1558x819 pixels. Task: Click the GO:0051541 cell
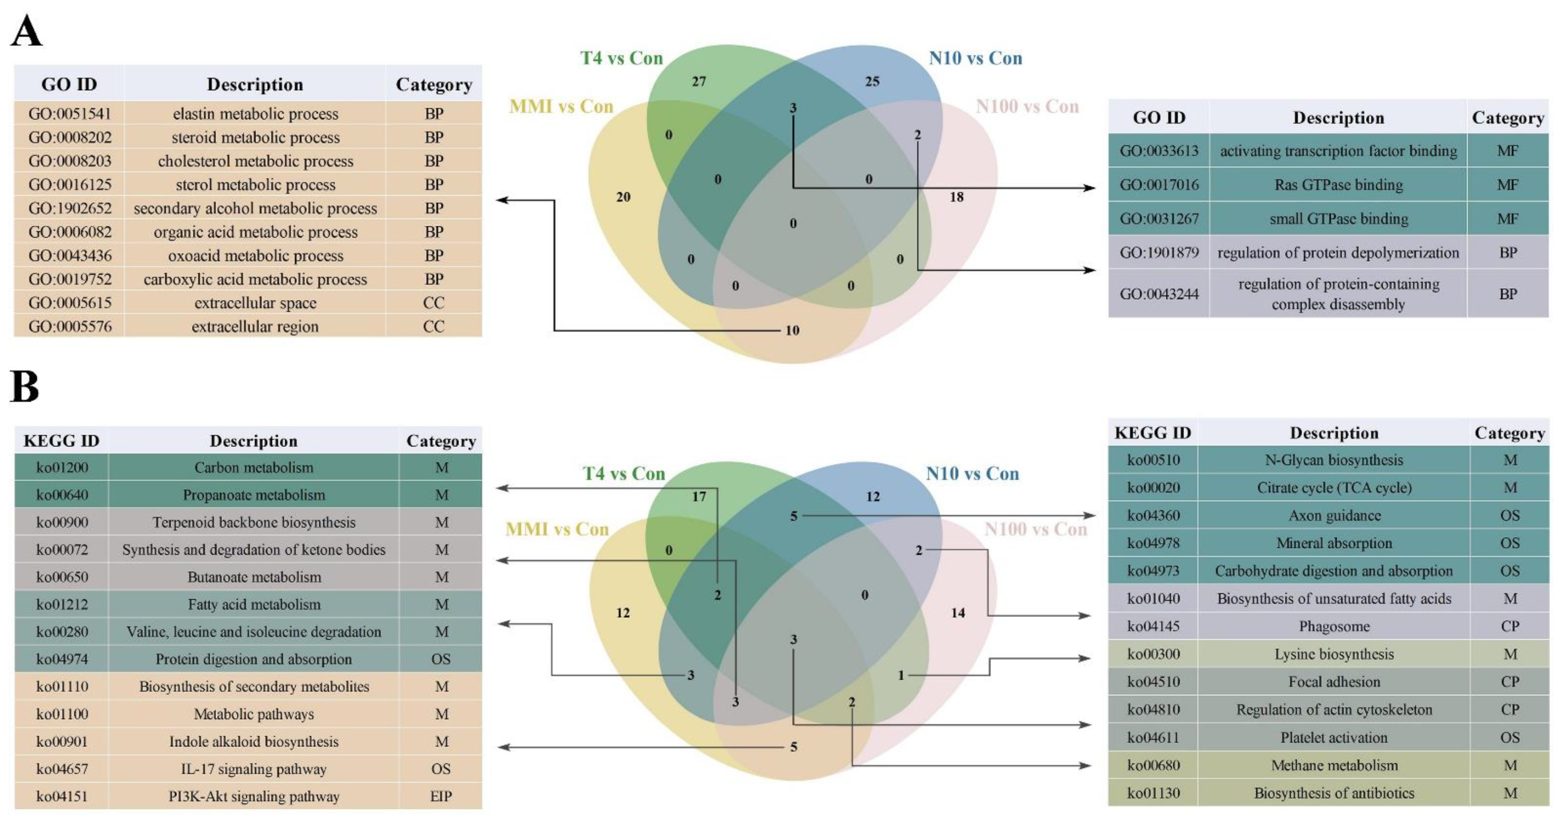[70, 114]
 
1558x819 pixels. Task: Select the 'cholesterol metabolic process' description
[255, 161]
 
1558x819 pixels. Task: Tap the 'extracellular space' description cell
[255, 302]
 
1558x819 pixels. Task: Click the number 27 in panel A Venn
[699, 81]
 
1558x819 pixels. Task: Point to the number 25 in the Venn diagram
[872, 81]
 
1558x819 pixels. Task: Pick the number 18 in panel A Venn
[956, 197]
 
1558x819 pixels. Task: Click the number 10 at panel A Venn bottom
[792, 330]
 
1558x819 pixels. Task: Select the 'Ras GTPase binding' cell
[1338, 184]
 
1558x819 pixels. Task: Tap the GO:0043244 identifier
[1159, 294]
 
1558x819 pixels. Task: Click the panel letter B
[25, 387]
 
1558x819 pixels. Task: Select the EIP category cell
[441, 796]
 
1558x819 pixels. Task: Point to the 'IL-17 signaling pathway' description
[254, 769]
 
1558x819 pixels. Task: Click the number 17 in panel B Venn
[699, 497]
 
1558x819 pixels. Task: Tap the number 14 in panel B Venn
[957, 613]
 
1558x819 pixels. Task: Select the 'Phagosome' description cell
[1334, 626]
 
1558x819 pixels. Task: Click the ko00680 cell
[1153, 765]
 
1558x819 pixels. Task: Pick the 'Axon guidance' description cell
[1334, 515]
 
